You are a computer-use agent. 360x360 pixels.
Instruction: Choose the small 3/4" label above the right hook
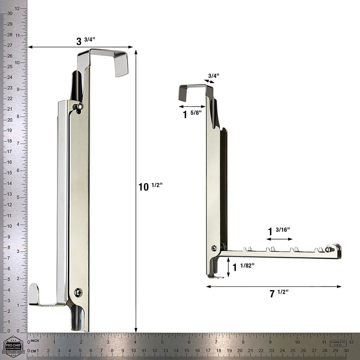click(213, 75)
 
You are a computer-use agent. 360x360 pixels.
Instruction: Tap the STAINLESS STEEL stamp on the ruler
click(338, 343)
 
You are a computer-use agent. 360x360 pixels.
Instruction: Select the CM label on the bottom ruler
click(34, 351)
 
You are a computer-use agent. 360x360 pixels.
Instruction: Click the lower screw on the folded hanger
click(78, 292)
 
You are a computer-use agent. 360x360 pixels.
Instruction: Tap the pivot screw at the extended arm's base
click(214, 248)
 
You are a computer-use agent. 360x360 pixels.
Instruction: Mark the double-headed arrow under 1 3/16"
click(279, 239)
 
